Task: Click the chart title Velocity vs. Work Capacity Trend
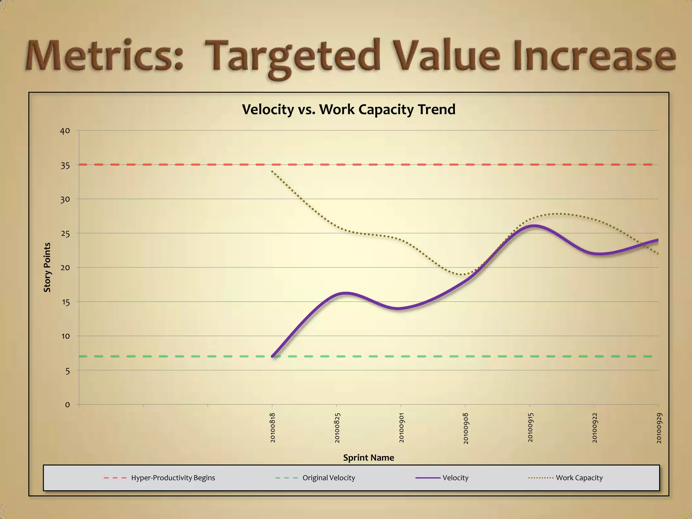point(349,109)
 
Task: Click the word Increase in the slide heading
point(595,56)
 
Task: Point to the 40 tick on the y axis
point(65,131)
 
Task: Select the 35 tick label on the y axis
point(65,165)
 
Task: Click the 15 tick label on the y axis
point(65,302)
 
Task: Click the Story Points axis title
point(47,267)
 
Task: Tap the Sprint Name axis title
point(368,458)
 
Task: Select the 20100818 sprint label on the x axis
point(273,427)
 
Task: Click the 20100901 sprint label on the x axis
point(401,427)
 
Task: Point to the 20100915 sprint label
point(530,427)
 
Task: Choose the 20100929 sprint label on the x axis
point(659,427)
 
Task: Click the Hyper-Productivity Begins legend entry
point(173,478)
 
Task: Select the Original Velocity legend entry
point(328,478)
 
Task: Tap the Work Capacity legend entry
point(579,478)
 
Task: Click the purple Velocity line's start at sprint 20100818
point(273,356)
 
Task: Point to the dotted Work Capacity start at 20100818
point(272,172)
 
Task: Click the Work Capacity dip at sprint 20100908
point(465,274)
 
